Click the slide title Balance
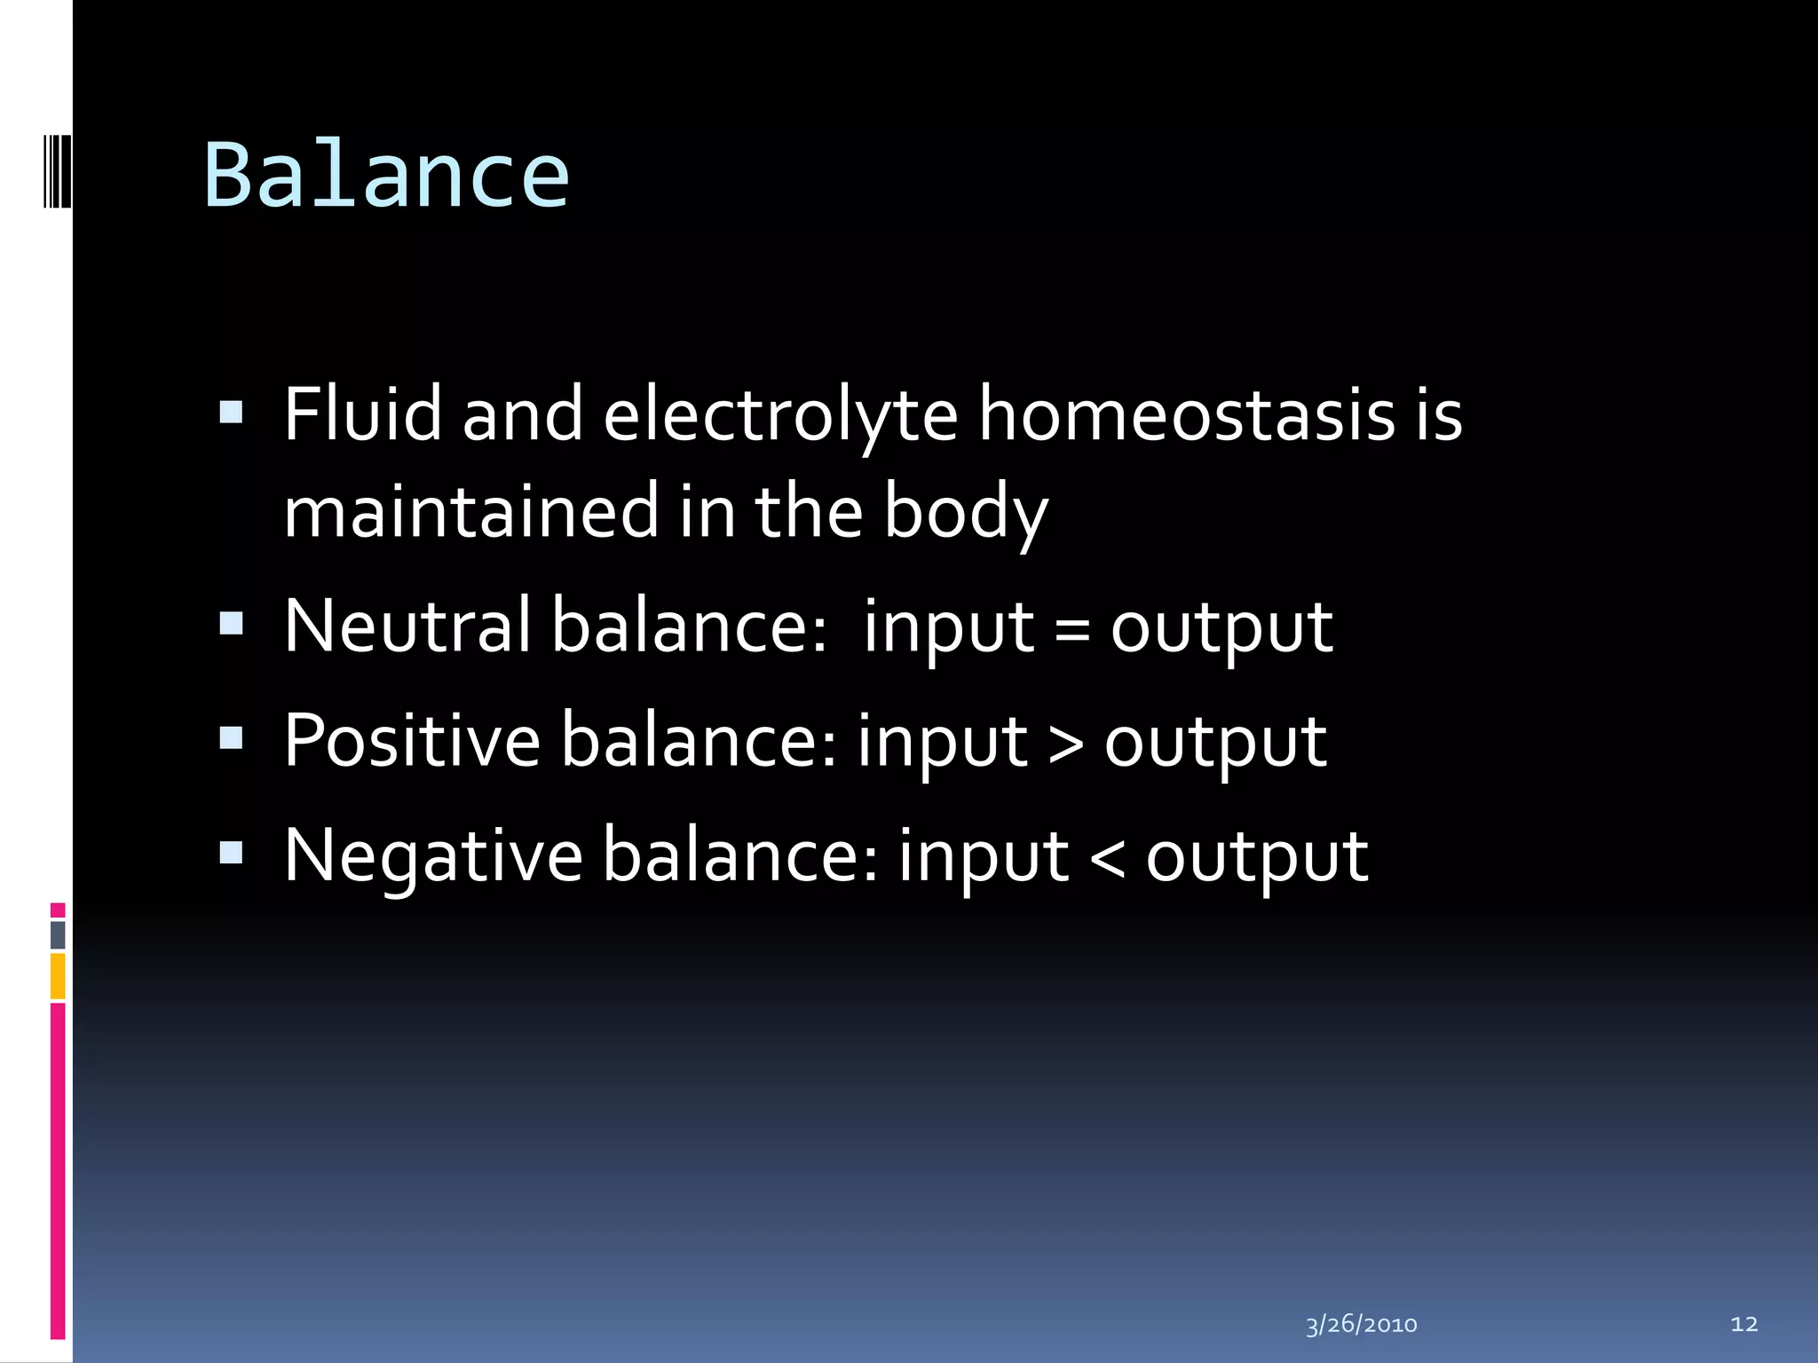coord(386,176)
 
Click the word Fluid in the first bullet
coord(362,414)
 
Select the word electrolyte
coord(780,415)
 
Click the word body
coord(966,513)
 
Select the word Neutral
coord(407,626)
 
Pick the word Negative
coord(433,855)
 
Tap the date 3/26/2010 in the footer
coord(1361,1325)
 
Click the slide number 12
coord(1743,1324)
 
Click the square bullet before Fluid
coord(231,412)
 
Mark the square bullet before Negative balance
coord(231,853)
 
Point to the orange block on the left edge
coord(58,975)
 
